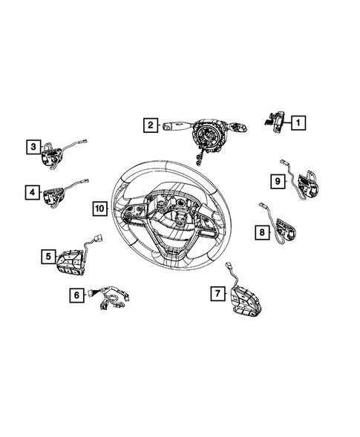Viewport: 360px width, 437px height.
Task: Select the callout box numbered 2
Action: (x=150, y=125)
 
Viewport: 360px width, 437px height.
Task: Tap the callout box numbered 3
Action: (x=34, y=146)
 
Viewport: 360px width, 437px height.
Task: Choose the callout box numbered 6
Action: (x=76, y=295)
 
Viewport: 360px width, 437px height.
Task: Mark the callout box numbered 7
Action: (x=217, y=295)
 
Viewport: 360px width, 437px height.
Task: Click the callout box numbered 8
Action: (x=262, y=233)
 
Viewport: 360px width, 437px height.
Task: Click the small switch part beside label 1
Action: (x=272, y=120)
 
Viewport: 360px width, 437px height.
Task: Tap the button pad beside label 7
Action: (x=245, y=302)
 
